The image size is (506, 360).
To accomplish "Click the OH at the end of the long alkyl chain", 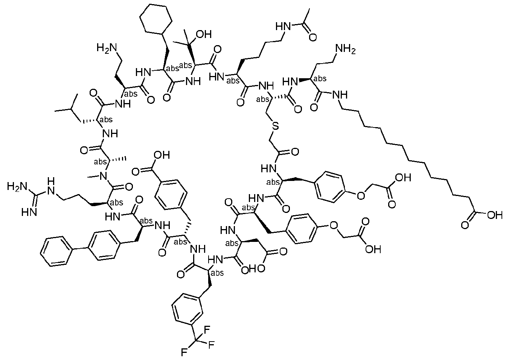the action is (494, 215).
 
